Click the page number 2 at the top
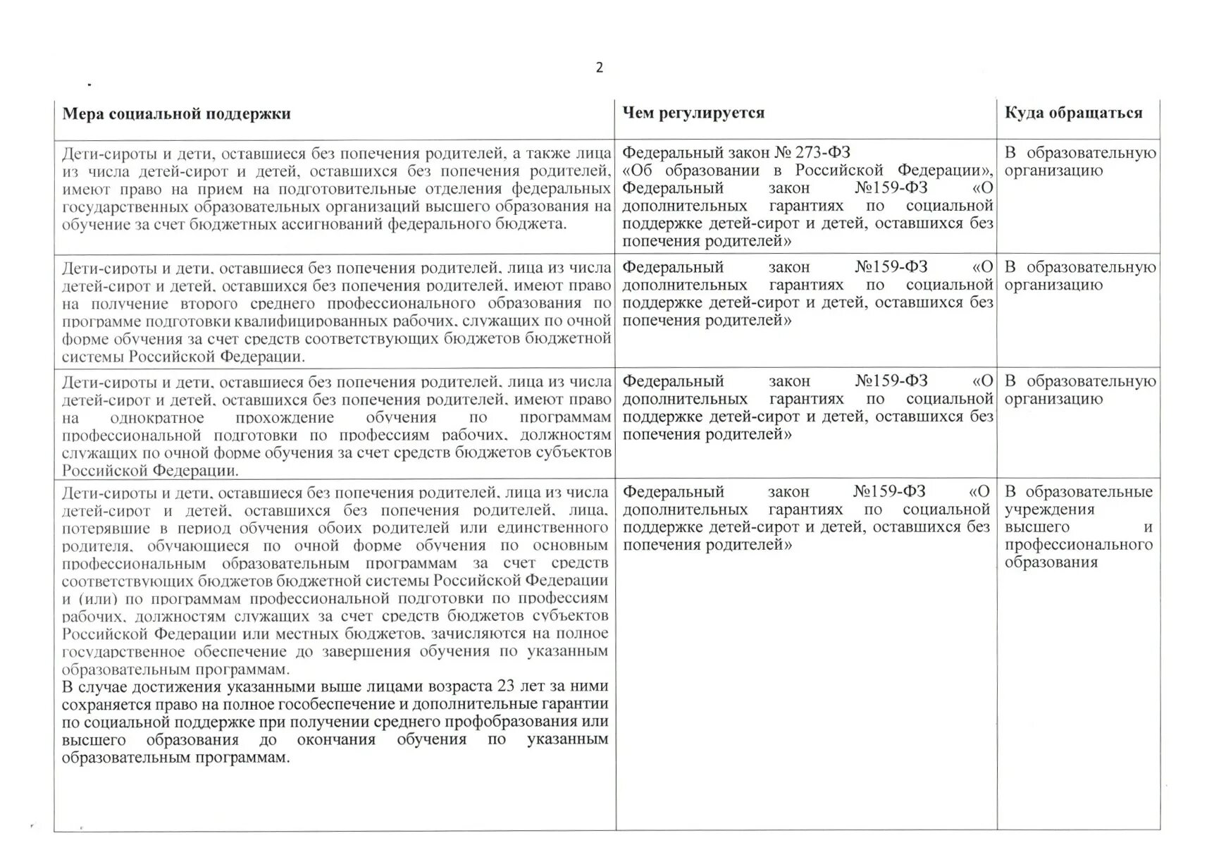599,68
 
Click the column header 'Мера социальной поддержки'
176,114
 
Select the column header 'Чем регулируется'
693,113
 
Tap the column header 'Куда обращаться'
1073,113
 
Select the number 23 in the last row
505,686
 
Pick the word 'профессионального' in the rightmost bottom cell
1078,545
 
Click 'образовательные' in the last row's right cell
1089,492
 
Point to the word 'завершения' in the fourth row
366,651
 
